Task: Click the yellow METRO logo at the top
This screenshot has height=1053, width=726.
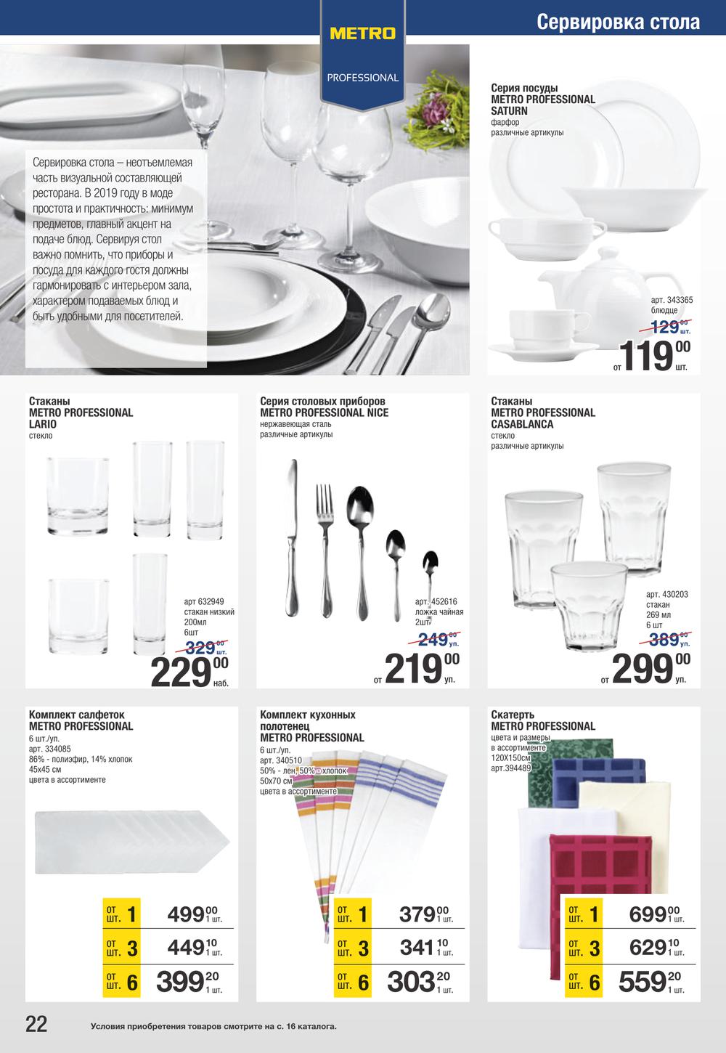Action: tap(362, 33)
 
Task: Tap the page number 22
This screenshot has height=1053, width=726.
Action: tap(36, 1024)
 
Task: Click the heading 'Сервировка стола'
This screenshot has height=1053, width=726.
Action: tap(618, 22)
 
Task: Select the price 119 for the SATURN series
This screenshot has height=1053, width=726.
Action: tap(648, 356)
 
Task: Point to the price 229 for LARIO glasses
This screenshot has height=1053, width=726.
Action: tap(181, 671)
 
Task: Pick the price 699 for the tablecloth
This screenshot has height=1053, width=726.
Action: tap(647, 914)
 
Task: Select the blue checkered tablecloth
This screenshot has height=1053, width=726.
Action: tap(599, 773)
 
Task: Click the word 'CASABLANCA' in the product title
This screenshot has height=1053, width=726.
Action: tap(522, 424)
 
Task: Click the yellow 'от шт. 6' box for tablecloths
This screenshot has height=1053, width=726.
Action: tap(584, 982)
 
